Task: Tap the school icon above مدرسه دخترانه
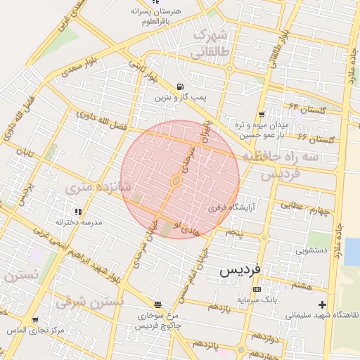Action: tap(78, 211)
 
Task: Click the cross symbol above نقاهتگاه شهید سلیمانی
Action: tap(322, 304)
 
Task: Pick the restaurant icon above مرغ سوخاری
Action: tap(157, 306)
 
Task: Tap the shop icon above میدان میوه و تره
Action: tap(262, 114)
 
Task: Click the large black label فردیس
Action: tap(240, 269)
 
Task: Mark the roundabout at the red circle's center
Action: tap(176, 181)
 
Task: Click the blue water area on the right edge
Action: tap(352, 252)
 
